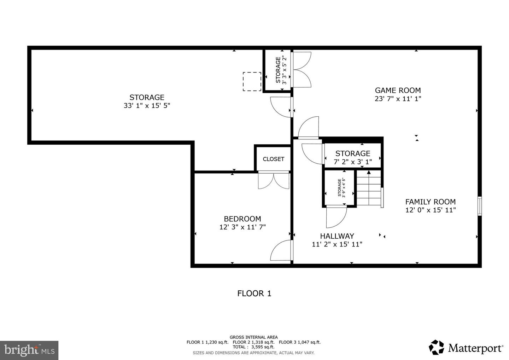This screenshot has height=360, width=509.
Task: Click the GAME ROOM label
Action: click(398, 91)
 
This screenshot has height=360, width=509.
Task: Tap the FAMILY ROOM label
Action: click(431, 202)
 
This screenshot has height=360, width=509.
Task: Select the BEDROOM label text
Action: click(242, 219)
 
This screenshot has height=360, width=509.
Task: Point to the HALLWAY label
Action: click(337, 236)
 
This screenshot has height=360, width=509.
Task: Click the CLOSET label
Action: click(273, 159)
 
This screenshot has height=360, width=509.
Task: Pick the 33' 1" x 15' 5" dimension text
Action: click(147, 106)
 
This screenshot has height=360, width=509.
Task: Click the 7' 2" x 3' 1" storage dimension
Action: click(353, 162)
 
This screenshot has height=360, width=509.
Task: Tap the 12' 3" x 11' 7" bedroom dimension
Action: click(242, 227)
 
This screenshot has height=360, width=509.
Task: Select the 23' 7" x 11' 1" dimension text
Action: click(398, 99)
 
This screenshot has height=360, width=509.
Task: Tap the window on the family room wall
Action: click(479, 206)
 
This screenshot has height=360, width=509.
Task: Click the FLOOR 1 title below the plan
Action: click(254, 294)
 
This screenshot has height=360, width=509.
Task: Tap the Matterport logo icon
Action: click(436, 347)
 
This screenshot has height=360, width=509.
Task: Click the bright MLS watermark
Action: click(29, 350)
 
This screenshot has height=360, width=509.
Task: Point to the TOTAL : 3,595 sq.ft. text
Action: click(253, 347)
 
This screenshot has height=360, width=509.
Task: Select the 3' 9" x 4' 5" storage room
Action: click(339, 188)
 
